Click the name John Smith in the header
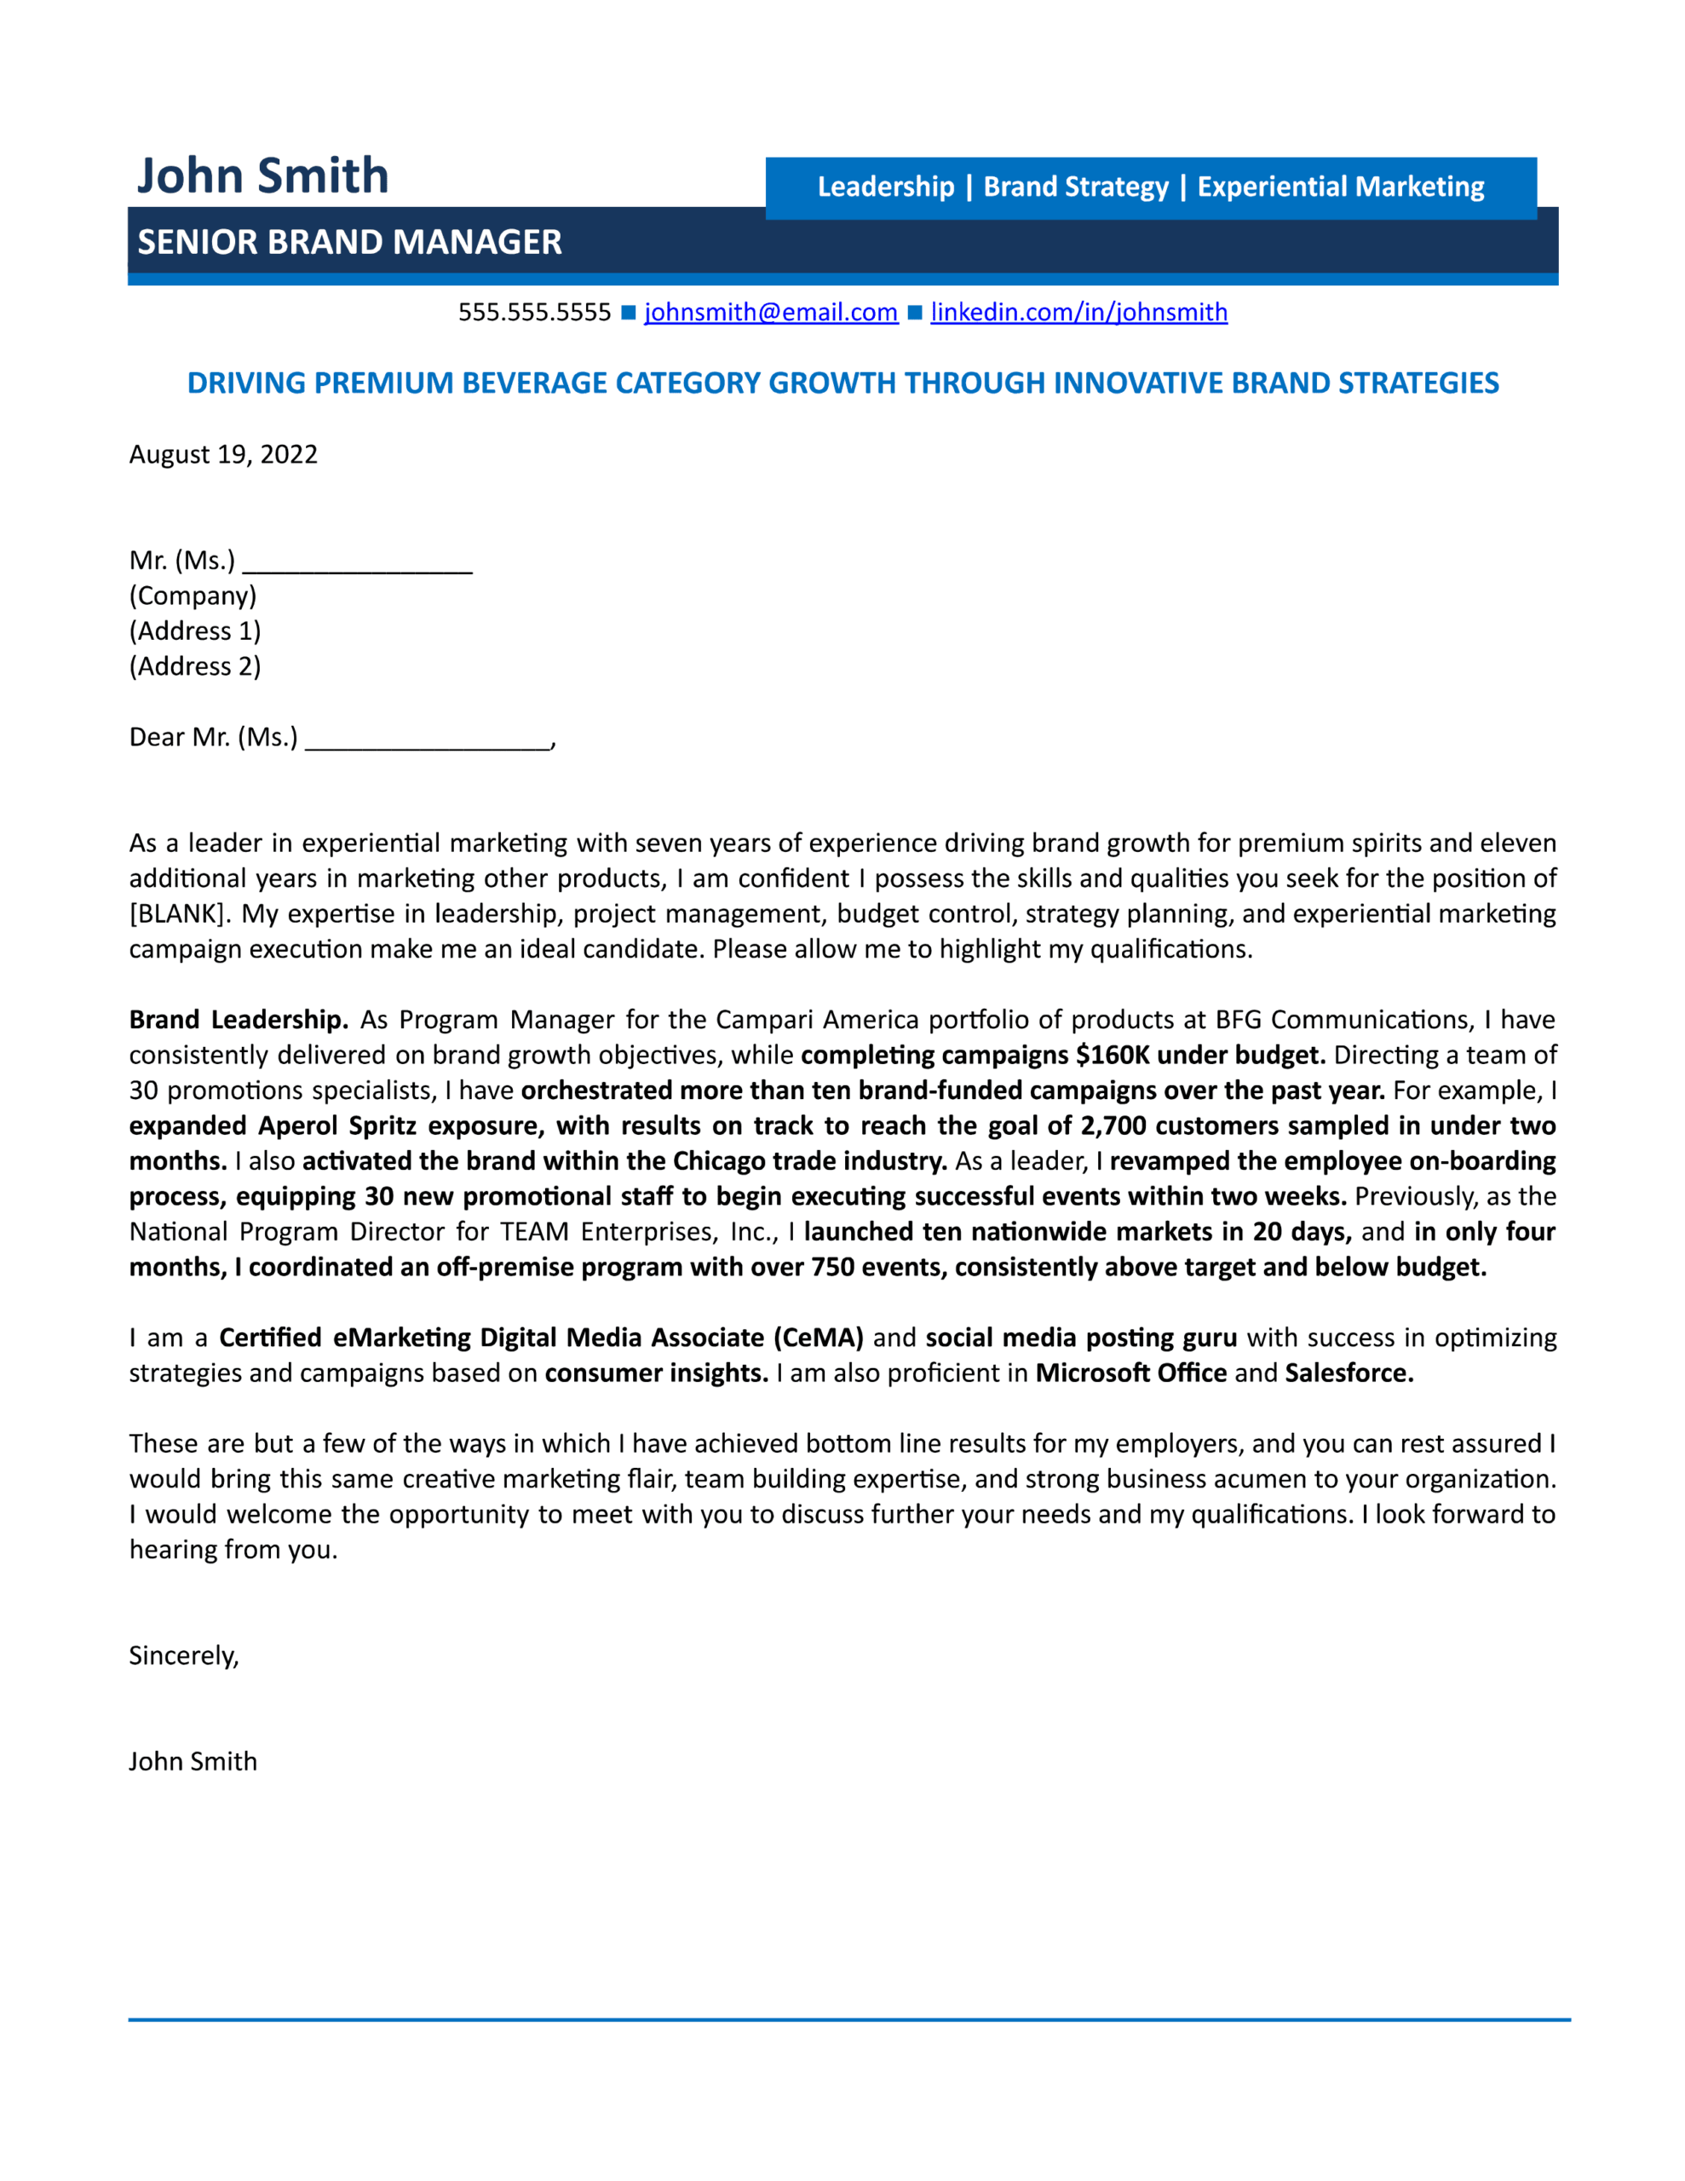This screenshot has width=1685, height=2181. pos(262,176)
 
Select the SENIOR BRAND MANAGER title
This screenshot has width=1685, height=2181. pos(349,242)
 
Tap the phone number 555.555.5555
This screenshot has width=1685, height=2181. pos(534,313)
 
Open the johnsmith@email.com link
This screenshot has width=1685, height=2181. pos(770,313)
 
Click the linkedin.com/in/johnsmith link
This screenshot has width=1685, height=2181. pos(1078,313)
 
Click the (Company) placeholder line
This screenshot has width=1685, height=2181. pos(193,596)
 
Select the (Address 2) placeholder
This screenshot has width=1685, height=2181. pos(195,666)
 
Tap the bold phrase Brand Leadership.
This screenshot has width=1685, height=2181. pos(238,1020)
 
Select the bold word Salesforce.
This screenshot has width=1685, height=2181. pos(1349,1373)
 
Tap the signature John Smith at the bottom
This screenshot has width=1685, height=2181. pos(193,1762)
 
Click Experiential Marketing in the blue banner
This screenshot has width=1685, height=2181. pos(1340,187)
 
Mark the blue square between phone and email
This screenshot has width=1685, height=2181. pos(628,313)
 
